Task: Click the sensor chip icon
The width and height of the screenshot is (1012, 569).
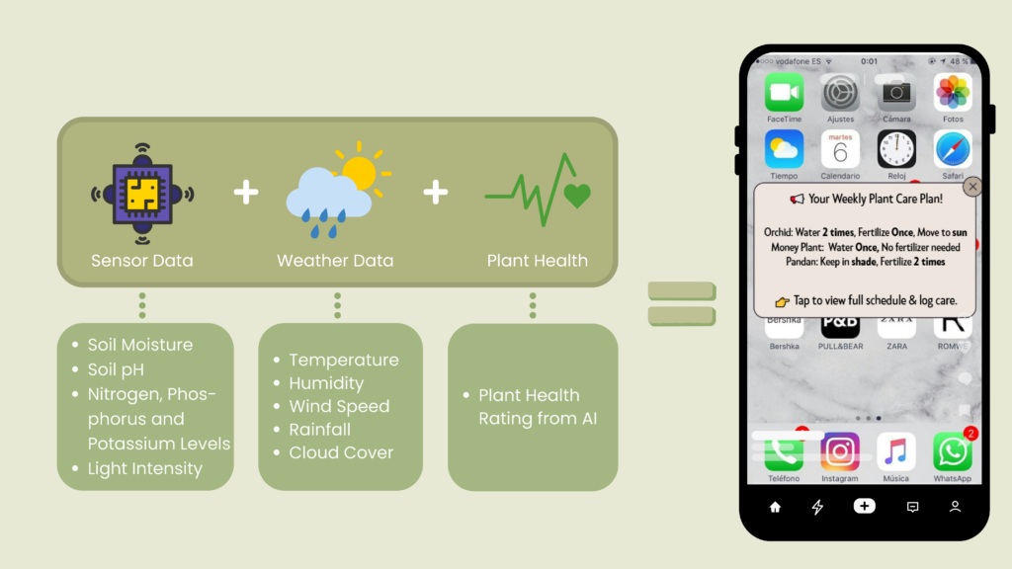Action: (x=142, y=194)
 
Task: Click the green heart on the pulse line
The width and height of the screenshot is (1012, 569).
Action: (x=577, y=196)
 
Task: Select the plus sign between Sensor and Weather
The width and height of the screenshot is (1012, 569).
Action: (x=246, y=193)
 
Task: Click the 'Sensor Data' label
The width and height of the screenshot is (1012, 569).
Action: (x=142, y=261)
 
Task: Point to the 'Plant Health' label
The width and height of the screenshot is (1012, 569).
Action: (x=537, y=261)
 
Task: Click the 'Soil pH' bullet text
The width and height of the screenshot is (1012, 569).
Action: (x=117, y=369)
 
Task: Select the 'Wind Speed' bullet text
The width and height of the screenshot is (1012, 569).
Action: (x=340, y=406)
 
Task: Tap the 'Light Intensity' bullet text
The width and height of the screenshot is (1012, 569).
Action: (x=145, y=468)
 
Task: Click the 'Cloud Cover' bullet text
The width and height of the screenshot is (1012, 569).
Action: (x=341, y=452)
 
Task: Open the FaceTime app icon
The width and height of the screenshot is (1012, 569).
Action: (x=784, y=93)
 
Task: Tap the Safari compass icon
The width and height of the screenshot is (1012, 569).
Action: (x=953, y=149)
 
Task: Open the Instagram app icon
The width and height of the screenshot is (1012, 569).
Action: (x=840, y=451)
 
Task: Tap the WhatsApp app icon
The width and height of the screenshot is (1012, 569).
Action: (x=952, y=451)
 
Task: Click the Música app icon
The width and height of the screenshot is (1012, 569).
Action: (x=895, y=451)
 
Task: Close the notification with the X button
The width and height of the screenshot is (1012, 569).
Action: (x=972, y=187)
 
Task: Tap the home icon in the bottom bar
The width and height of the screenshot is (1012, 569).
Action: (x=775, y=507)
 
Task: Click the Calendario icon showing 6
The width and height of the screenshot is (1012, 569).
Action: (x=840, y=149)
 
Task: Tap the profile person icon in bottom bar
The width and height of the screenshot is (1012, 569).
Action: (x=956, y=507)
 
